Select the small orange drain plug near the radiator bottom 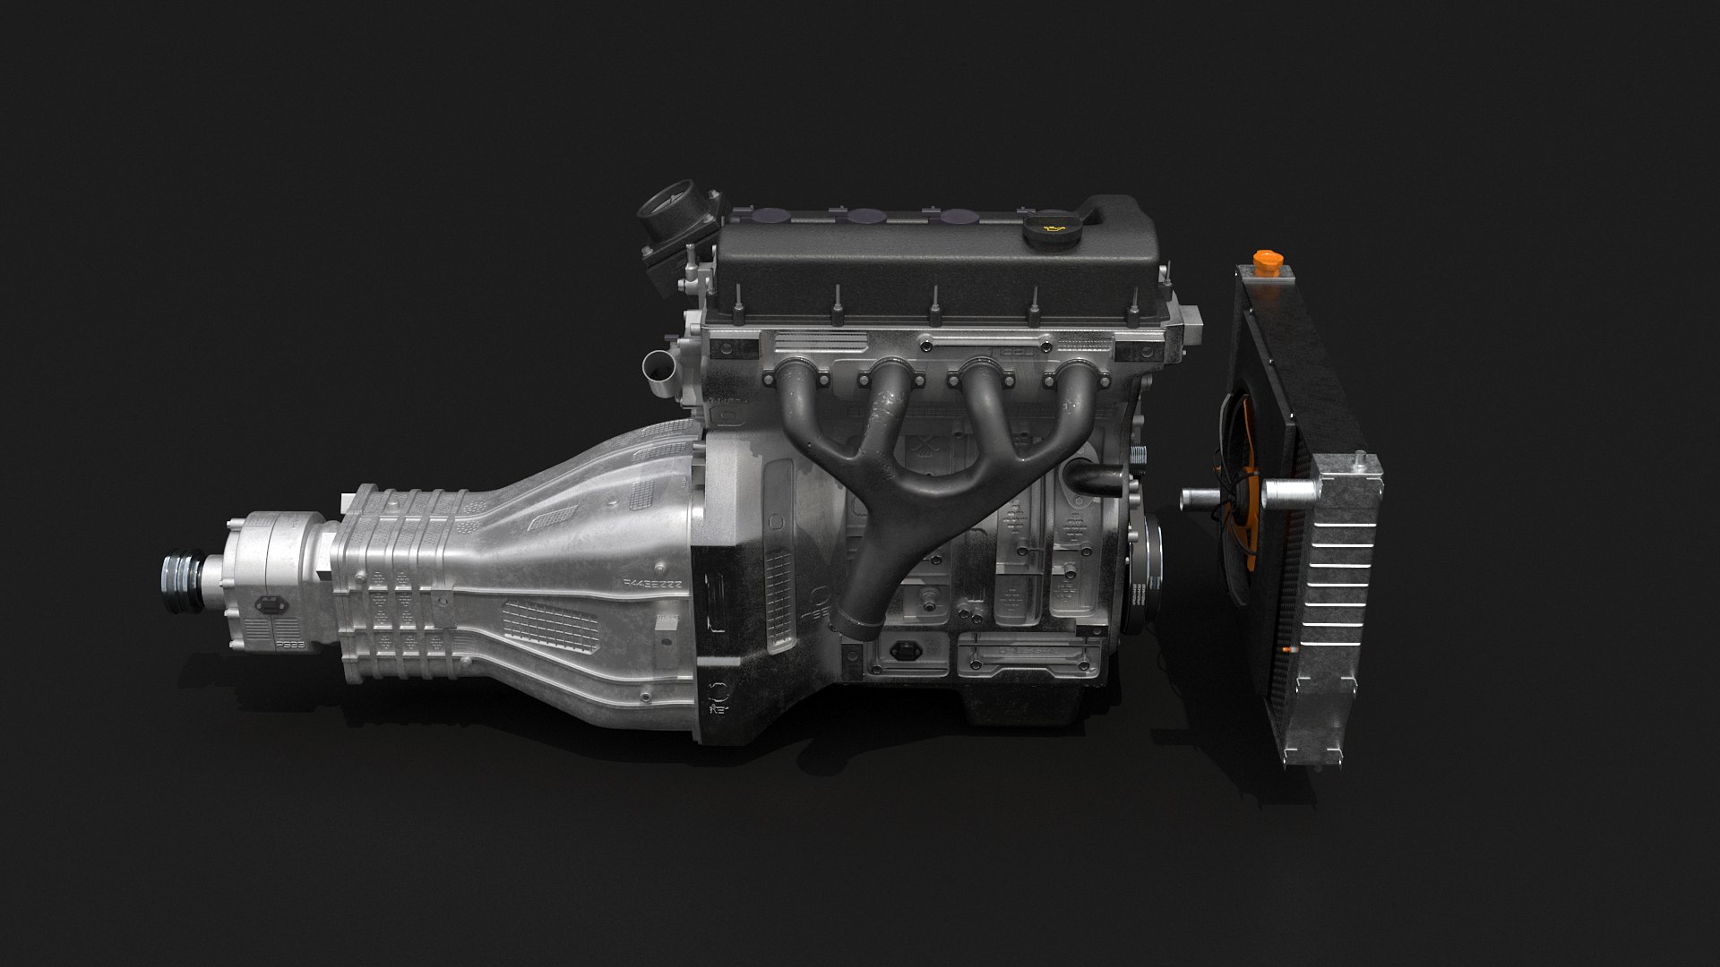click(1288, 647)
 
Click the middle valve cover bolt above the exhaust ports click(933, 304)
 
